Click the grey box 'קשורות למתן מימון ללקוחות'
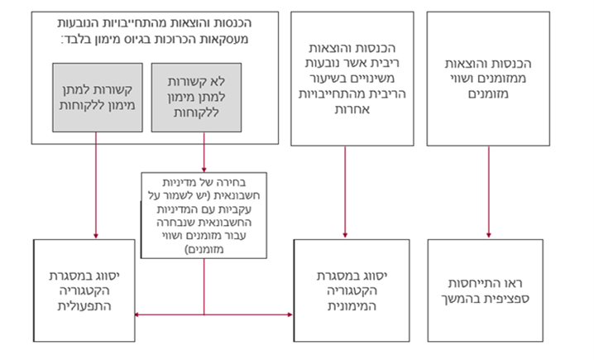click(x=98, y=98)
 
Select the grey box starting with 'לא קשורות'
click(x=196, y=98)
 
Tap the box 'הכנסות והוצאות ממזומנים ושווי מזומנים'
click(x=488, y=79)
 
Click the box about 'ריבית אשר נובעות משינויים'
click(x=352, y=79)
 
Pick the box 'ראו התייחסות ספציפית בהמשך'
click(x=486, y=290)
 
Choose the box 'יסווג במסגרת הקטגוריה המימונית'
click(x=352, y=290)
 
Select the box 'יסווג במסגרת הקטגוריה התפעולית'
click(x=84, y=290)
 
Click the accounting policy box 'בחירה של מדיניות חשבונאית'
click(x=204, y=215)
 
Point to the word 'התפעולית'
click(x=84, y=306)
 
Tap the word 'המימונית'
click(x=352, y=306)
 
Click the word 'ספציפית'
click(x=509, y=298)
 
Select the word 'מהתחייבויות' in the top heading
click(x=170, y=22)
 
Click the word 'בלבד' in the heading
click(x=77, y=39)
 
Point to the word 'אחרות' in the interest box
click(x=352, y=109)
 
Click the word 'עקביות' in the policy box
click(x=236, y=209)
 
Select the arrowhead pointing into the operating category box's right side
click(x=137, y=314)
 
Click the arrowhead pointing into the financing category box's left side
click(x=290, y=314)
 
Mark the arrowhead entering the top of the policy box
click(x=204, y=170)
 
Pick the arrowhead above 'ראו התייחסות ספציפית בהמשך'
click(x=489, y=236)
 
